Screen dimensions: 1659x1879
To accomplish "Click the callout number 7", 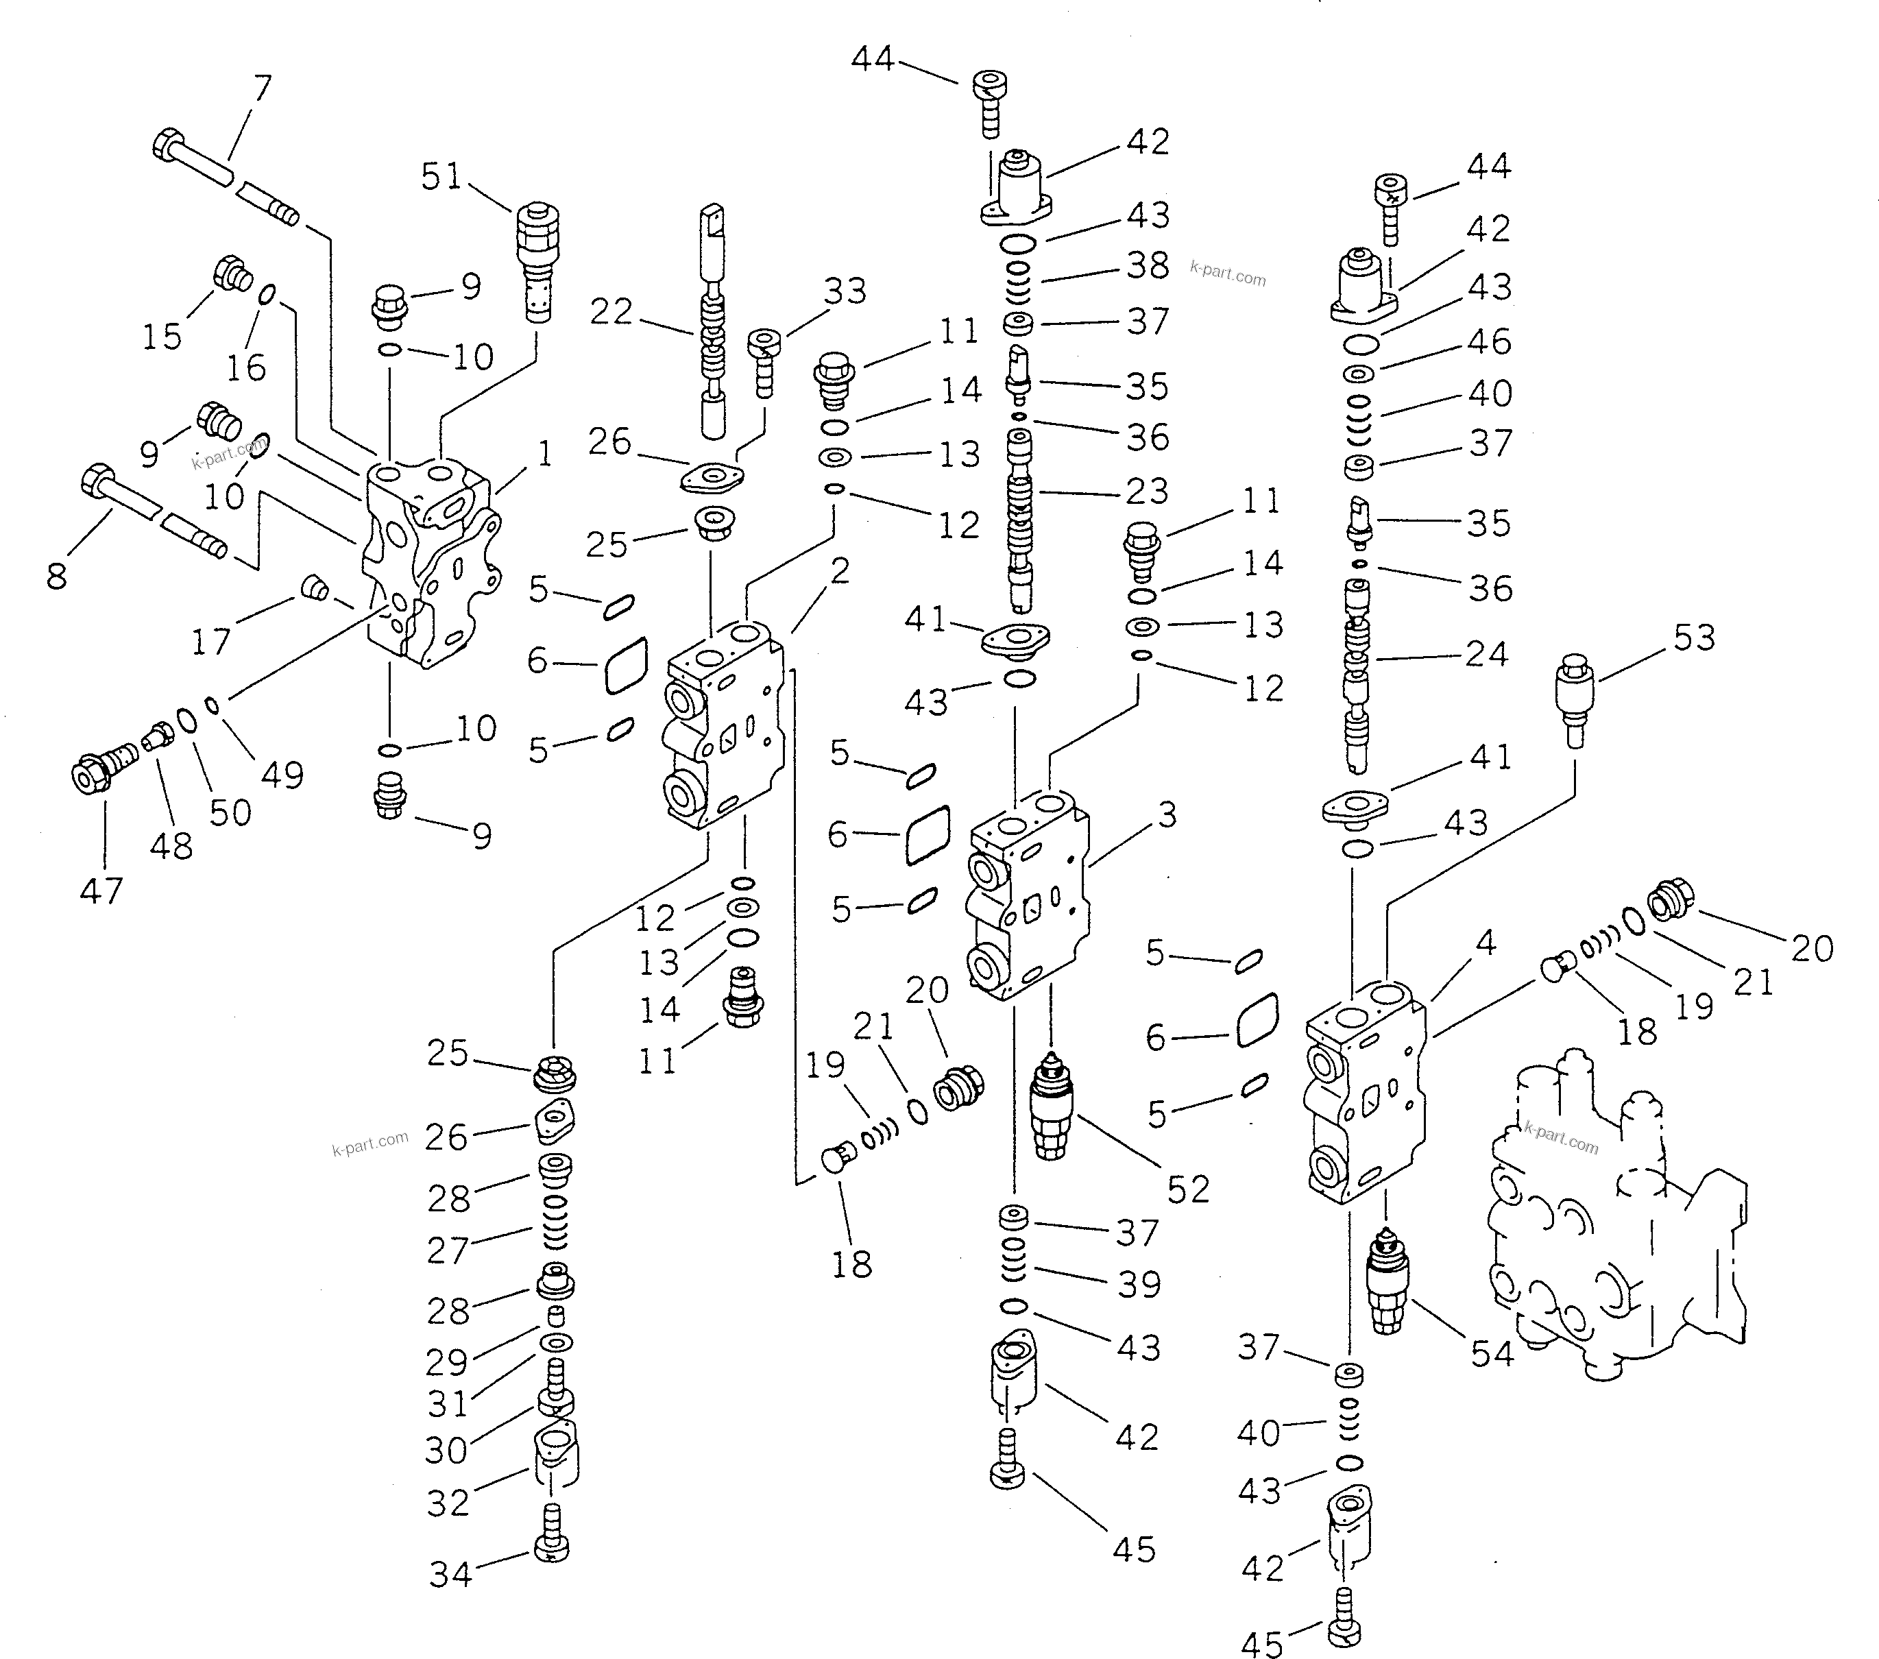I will (x=263, y=89).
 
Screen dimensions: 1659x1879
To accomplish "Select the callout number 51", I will (x=441, y=176).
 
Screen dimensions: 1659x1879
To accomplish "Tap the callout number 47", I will (x=101, y=891).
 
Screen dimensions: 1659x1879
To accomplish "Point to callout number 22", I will (x=611, y=313).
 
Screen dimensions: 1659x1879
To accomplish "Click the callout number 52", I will (x=1188, y=1189).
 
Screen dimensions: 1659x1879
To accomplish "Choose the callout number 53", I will (x=1694, y=638).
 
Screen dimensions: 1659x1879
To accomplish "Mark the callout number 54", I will (x=1491, y=1354).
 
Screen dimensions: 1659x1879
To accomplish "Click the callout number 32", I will (x=448, y=1503).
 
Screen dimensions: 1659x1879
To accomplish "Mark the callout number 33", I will (x=845, y=291).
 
